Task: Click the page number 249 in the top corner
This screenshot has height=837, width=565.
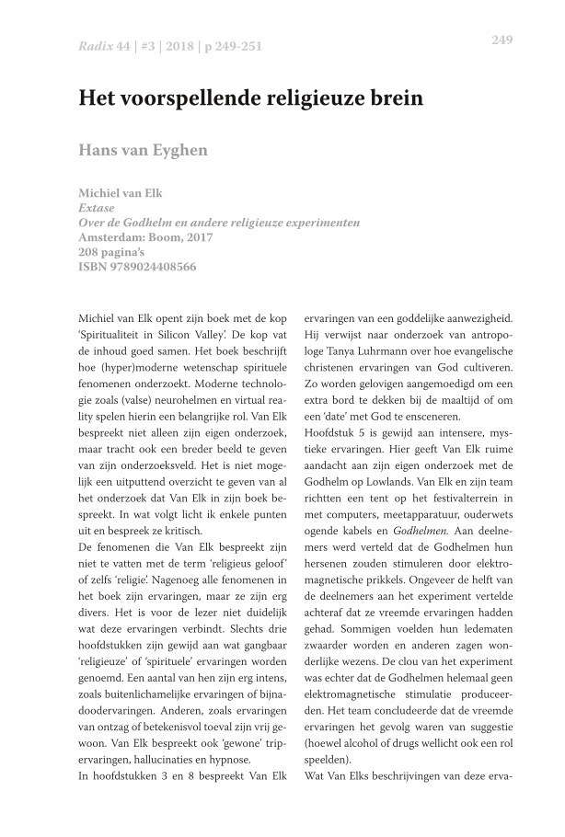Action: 502,40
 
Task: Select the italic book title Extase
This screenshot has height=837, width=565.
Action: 97,209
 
